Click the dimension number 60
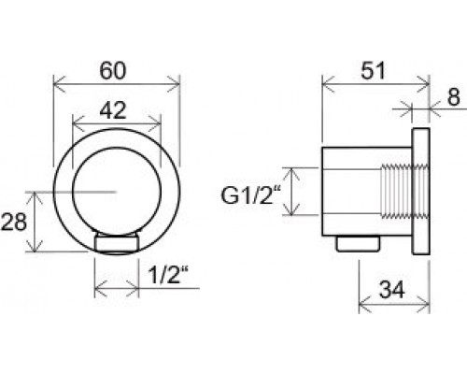click(x=113, y=71)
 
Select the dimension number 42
click(x=113, y=110)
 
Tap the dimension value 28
click(x=13, y=223)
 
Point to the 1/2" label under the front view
click(x=168, y=275)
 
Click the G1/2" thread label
click(x=250, y=195)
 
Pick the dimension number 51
click(x=374, y=71)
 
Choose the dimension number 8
click(x=453, y=97)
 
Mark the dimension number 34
click(x=391, y=290)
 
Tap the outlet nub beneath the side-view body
click(x=358, y=243)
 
